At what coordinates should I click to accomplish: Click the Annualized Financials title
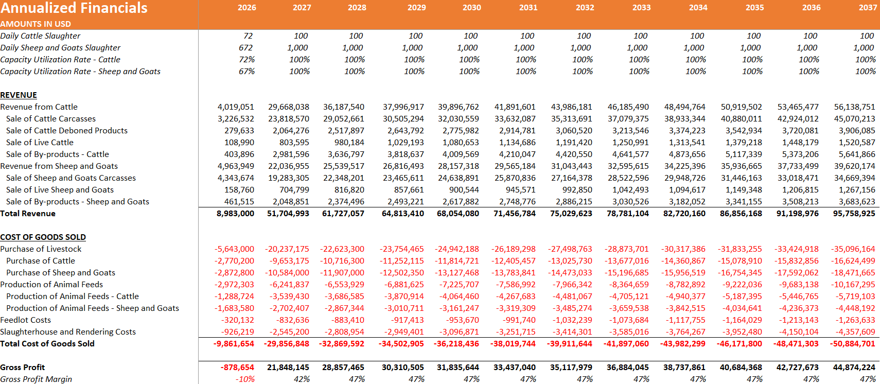click(74, 8)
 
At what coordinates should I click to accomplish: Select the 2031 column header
click(528, 8)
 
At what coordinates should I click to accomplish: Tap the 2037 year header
click(868, 8)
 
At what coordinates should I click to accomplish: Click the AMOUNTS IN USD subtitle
click(36, 24)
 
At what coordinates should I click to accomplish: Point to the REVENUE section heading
click(19, 95)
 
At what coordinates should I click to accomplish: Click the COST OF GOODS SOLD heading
click(43, 237)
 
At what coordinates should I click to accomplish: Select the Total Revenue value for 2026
click(235, 214)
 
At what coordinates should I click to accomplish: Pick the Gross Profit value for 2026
click(237, 367)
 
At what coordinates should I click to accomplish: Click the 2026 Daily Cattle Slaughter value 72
click(248, 36)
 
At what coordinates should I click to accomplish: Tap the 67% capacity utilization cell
click(247, 72)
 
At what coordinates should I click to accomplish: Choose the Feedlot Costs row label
click(26, 320)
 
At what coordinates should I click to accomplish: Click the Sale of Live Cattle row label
click(40, 142)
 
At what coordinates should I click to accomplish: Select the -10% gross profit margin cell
click(245, 379)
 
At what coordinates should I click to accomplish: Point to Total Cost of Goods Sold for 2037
click(853, 343)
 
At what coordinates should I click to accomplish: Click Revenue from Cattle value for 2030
click(459, 107)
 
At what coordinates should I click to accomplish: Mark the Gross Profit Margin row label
click(36, 379)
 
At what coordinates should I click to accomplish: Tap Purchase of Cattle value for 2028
click(342, 260)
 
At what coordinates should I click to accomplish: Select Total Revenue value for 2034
click(684, 214)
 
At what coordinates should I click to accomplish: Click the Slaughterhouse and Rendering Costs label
click(68, 331)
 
